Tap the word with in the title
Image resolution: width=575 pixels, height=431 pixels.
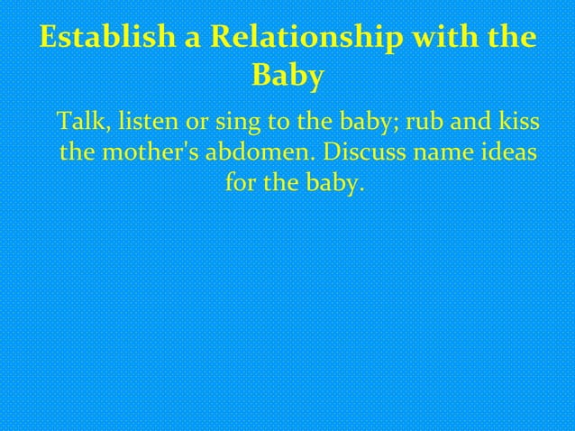[x=455, y=41]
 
